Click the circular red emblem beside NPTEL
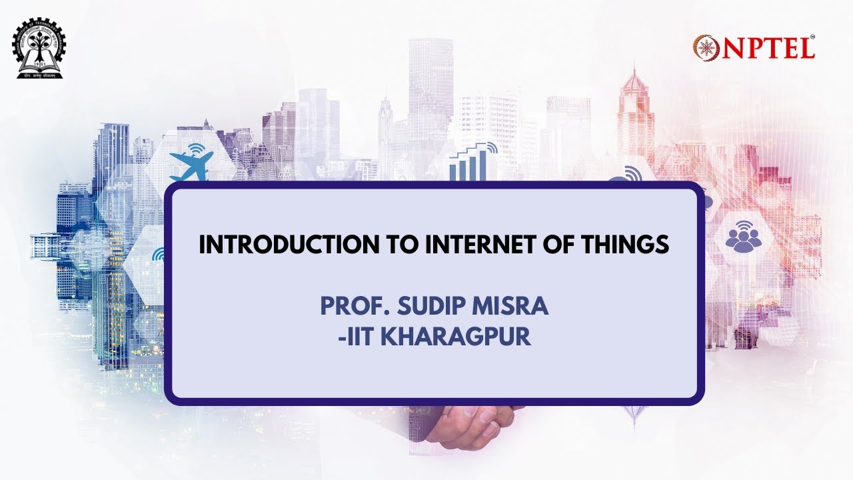706,48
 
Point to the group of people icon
743,239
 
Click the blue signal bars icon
469,166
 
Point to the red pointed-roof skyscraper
635,113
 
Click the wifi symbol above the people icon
744,224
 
